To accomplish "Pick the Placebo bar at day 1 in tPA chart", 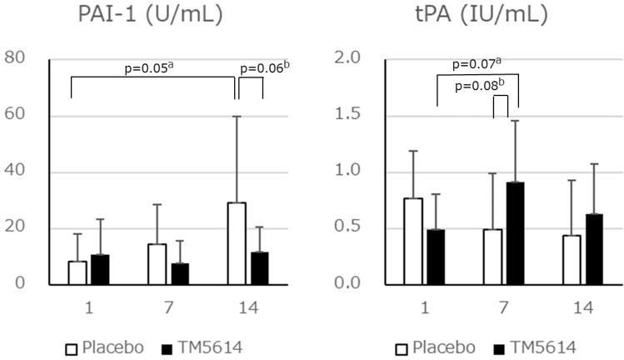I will (x=437, y=242).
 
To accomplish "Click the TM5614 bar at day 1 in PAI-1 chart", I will (x=100, y=269).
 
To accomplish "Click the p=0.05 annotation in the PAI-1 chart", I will (x=155, y=67).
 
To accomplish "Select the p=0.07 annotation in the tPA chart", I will (x=477, y=64).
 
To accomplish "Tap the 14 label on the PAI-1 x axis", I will (x=249, y=306).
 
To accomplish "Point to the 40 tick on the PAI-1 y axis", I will (x=14, y=172).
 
